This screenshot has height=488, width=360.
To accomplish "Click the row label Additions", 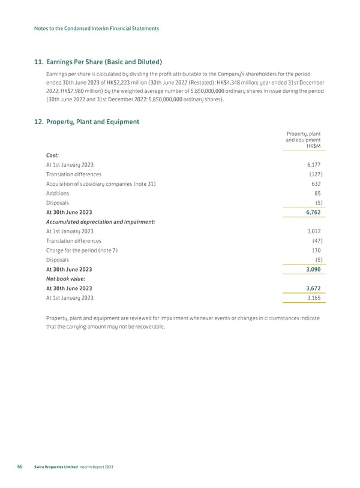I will (58, 193).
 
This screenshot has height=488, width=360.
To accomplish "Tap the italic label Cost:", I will (52, 155).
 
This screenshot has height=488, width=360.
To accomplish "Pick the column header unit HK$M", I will (313, 146).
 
